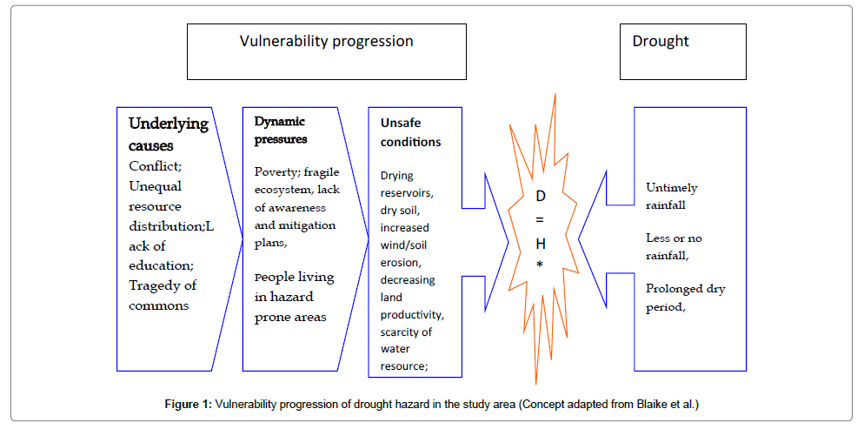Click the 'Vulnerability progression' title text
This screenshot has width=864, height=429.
(326, 41)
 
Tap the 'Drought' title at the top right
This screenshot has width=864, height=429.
(661, 41)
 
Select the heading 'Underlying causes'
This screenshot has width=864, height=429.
(168, 134)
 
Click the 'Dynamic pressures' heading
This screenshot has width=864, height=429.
(280, 130)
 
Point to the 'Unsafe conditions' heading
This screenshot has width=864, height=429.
(410, 131)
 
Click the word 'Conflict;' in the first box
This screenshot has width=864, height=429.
(156, 166)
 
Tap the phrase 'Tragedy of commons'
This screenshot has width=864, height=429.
(163, 295)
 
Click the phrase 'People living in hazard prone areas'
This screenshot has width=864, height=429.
(294, 297)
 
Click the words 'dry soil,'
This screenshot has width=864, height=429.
(400, 210)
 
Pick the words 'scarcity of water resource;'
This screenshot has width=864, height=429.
(405, 348)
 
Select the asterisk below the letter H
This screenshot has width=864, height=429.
(540, 264)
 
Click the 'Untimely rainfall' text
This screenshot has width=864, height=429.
(671, 196)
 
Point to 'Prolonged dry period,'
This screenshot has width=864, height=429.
(685, 297)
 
